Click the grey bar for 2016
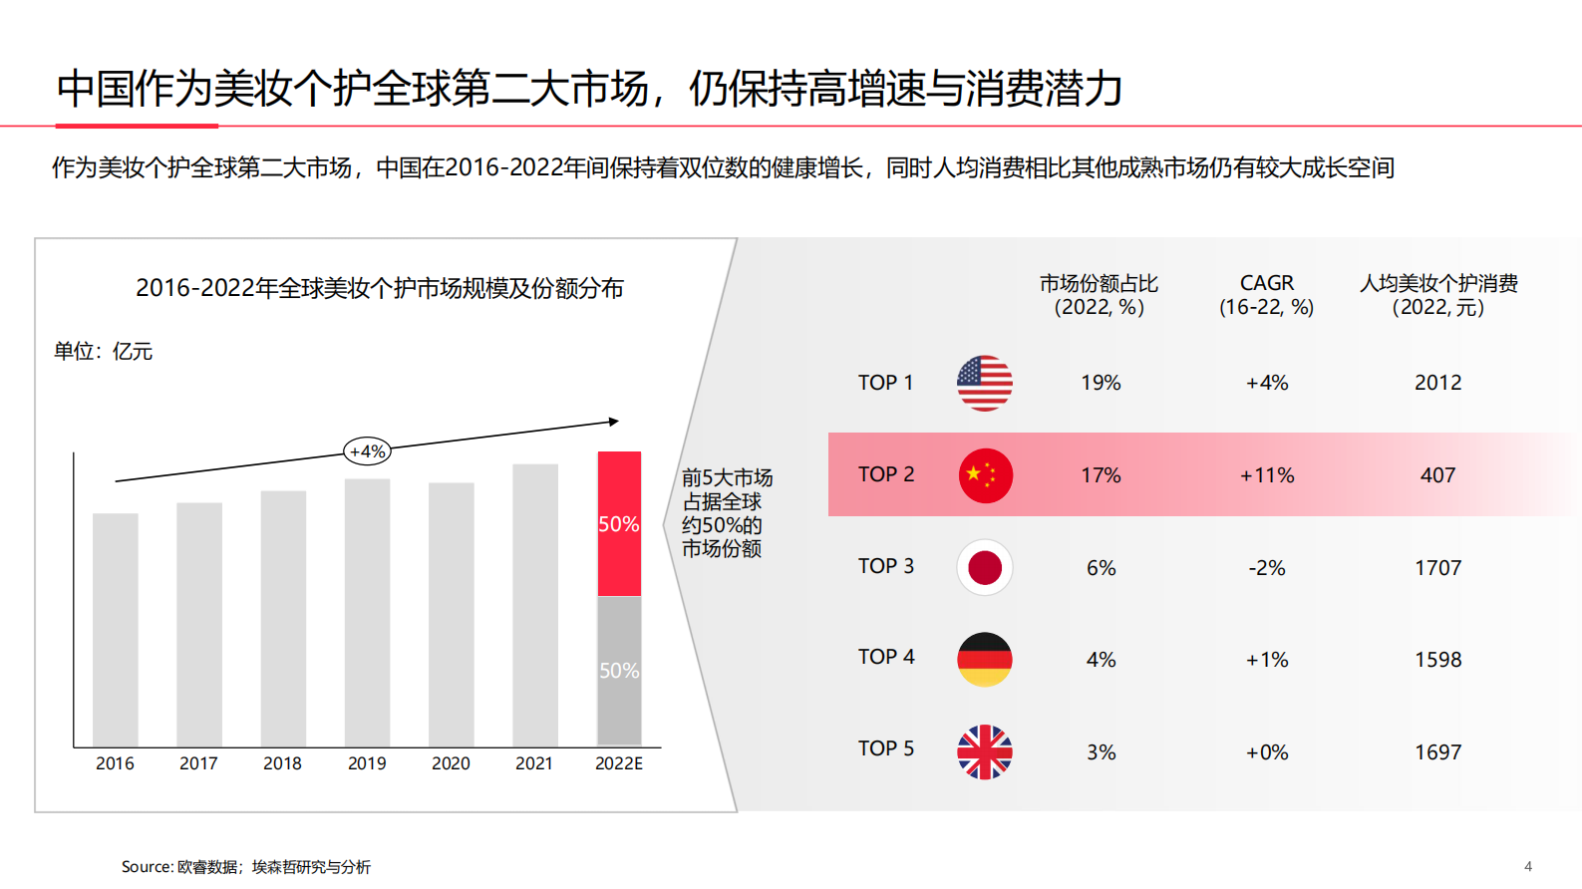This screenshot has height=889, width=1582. point(115,629)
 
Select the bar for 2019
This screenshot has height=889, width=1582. point(367,612)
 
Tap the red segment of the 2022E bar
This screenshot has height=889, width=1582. point(619,523)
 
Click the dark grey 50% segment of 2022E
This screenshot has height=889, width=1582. point(619,670)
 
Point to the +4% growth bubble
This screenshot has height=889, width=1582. point(367,451)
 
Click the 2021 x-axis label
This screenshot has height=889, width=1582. point(534,763)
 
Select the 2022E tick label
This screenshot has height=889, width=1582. point(619,763)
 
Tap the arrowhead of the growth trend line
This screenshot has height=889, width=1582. point(614,422)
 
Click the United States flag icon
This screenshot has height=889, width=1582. point(985,383)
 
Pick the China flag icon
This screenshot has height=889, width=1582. point(985,475)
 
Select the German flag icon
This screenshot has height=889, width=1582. point(985,659)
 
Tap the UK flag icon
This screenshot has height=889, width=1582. point(985,751)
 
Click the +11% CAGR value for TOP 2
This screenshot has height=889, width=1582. point(1267,475)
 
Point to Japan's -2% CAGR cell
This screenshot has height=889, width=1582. point(1267,568)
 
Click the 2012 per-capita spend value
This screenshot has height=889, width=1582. point(1437,383)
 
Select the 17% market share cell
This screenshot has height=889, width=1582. point(1101,475)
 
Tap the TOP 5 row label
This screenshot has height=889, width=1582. point(885,748)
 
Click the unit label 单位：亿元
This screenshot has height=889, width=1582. point(103,351)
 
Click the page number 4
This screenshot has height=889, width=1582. point(1528,866)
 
